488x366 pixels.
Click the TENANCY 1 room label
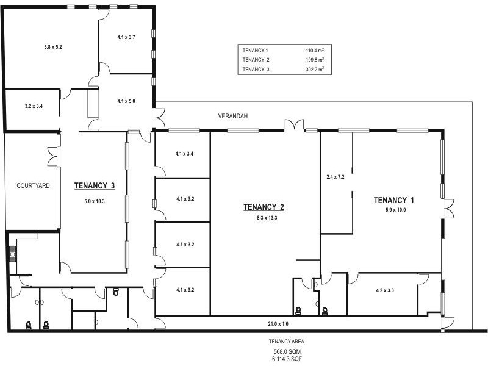coord(394,200)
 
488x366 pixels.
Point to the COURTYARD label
coord(33,185)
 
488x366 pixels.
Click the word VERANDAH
coord(233,115)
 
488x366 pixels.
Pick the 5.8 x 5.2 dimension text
coord(54,47)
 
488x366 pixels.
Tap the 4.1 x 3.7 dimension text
coord(126,37)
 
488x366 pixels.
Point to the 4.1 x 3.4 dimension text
coord(184,154)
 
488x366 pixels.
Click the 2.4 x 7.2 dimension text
coord(336,177)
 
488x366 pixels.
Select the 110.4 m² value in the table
coord(314,51)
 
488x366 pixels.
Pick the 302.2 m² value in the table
coord(314,70)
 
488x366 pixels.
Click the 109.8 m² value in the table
coord(314,60)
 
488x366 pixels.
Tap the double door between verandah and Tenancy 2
coord(294,126)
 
